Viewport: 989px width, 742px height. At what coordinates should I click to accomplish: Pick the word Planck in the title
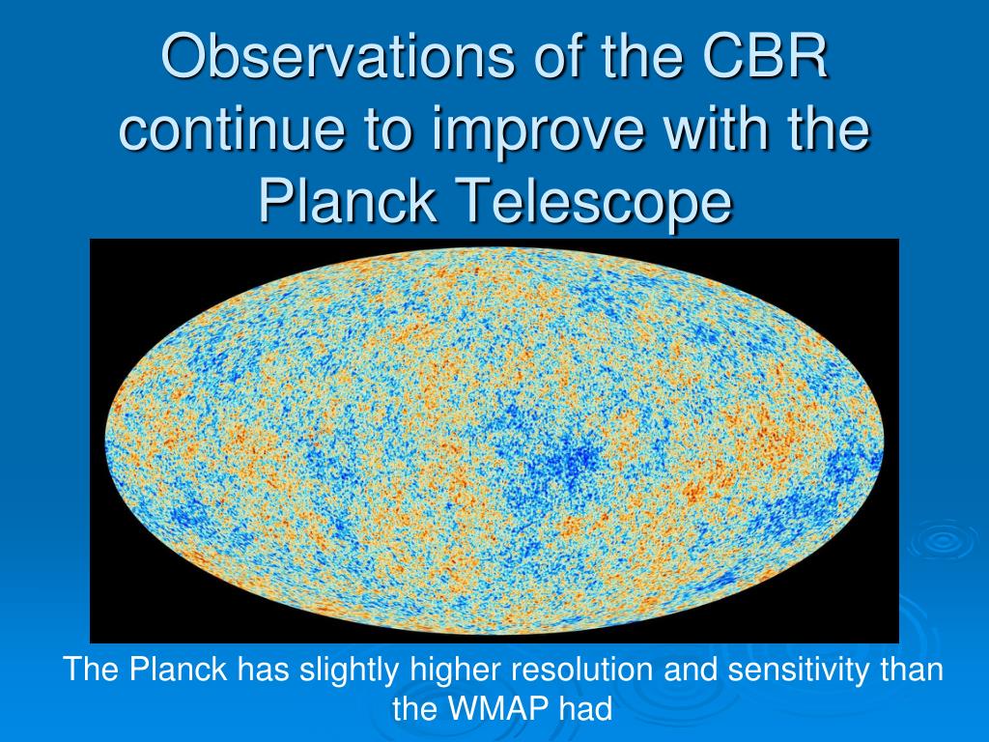pos(348,200)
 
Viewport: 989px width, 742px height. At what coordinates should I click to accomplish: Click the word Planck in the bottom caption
pos(178,670)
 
